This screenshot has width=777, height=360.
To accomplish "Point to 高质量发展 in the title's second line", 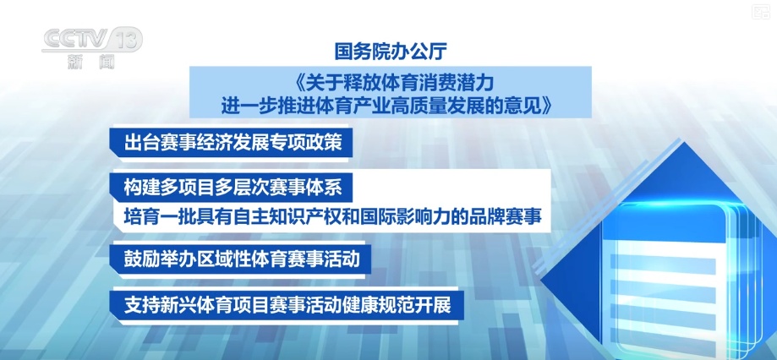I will pyautogui.click(x=457, y=106).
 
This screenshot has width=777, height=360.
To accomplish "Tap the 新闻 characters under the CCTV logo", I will pyautogui.click(x=90, y=62).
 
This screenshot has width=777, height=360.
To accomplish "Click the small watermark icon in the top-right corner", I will pyautogui.click(x=760, y=12).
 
